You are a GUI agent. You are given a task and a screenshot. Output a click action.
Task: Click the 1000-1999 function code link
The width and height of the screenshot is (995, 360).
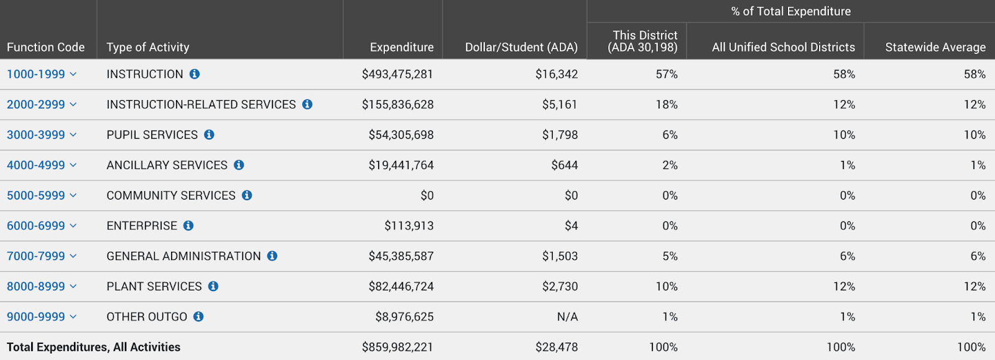click(36, 74)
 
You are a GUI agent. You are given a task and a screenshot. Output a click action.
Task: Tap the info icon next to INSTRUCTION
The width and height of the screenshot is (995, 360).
click(195, 74)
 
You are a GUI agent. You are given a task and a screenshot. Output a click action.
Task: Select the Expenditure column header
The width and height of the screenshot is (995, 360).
click(402, 47)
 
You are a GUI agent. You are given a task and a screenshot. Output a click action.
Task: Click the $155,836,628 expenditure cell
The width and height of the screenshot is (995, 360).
click(397, 104)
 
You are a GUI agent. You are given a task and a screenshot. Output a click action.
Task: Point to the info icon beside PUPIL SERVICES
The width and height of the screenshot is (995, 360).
click(209, 134)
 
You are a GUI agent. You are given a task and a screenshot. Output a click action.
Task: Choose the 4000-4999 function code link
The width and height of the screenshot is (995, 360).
click(36, 165)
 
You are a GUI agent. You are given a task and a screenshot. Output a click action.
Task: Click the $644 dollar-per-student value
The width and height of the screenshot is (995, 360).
click(565, 165)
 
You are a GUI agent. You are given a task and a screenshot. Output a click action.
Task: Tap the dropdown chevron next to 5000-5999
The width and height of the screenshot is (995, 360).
click(73, 195)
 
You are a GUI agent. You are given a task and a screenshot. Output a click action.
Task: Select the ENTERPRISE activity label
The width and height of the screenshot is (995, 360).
click(142, 226)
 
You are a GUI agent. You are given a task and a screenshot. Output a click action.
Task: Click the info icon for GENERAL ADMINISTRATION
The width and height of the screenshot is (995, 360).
click(272, 256)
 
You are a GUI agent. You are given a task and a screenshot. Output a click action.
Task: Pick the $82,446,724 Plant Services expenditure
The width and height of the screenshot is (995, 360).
click(401, 286)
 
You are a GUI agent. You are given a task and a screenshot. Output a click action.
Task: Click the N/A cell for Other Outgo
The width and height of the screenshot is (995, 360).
click(567, 316)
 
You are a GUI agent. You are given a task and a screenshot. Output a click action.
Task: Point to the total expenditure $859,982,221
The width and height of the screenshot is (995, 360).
click(397, 347)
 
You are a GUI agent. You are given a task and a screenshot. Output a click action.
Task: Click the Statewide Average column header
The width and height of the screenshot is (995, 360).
click(935, 47)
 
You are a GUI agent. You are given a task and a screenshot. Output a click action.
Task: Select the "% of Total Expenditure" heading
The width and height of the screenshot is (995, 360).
click(791, 11)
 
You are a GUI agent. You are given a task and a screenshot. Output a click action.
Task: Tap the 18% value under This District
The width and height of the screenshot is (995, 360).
click(667, 104)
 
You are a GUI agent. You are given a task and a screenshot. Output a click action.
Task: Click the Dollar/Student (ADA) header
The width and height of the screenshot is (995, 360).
click(522, 47)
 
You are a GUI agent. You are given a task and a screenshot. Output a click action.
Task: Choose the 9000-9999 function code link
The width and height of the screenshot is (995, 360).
click(36, 316)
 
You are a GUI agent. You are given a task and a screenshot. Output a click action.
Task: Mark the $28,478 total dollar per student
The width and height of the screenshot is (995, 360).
click(557, 347)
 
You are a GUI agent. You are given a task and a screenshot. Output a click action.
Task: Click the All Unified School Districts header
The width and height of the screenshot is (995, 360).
click(784, 47)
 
